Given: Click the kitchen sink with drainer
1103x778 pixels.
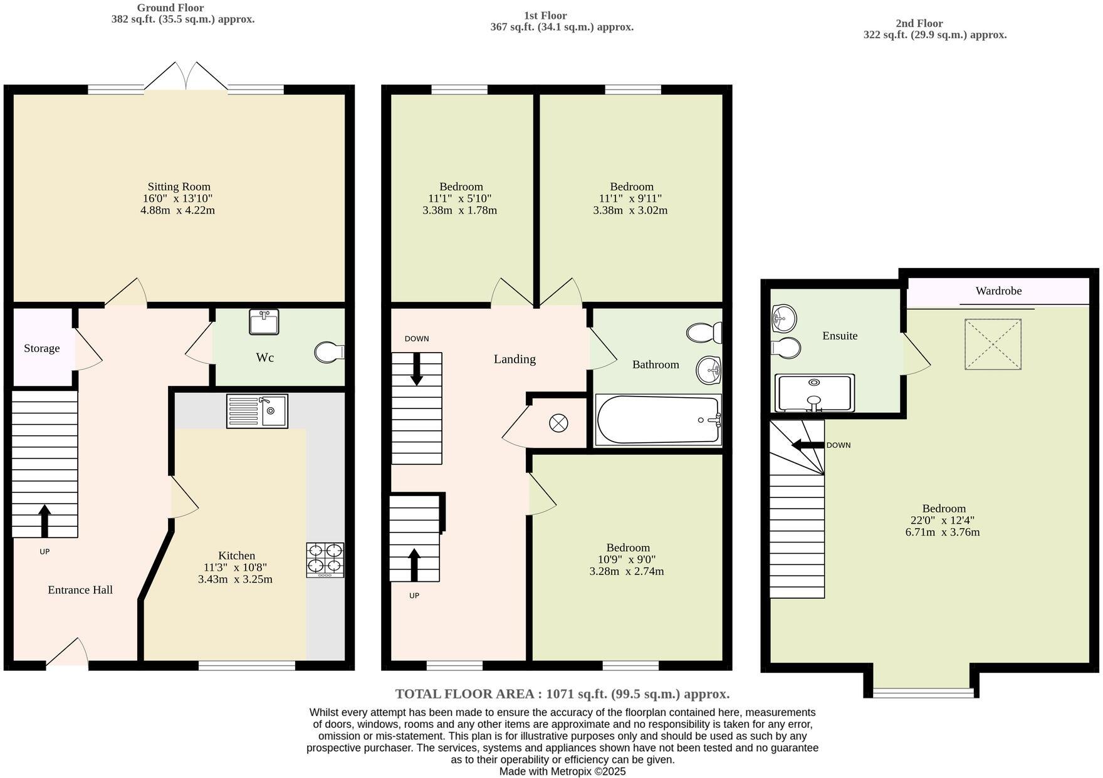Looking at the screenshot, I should pos(257,411).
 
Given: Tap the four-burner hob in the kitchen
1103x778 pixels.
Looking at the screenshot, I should pos(325,559).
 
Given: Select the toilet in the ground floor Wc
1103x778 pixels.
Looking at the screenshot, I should pos(328,352).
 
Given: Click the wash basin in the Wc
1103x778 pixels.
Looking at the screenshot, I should pos(264,322).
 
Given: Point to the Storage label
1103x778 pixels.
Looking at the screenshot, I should pos(42,348).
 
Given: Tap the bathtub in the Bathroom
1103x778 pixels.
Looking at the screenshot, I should pos(658,420).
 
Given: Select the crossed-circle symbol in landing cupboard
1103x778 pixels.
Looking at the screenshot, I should pos(558,423).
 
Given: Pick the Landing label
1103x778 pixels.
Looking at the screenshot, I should pos(515,359).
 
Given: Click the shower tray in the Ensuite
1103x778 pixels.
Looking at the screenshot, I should pos(815,393).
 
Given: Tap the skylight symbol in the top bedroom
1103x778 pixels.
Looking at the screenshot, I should pos(993,344).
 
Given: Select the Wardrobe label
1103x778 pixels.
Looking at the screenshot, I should pos(998,291).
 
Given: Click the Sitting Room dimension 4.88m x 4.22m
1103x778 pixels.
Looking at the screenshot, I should pos(178,210).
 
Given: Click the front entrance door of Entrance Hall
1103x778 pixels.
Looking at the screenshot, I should pos(67,653).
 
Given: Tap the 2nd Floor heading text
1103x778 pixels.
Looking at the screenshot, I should pos(919,23).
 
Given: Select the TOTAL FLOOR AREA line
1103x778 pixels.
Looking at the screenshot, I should pos(562,693).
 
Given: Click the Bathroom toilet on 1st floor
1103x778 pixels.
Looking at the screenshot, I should pos(704,332).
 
